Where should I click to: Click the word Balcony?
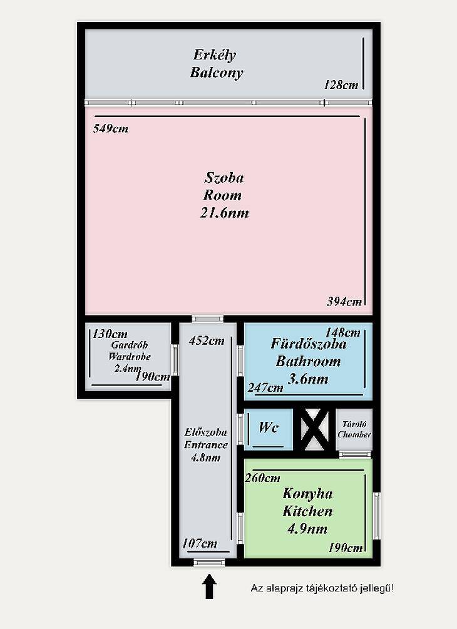tap(217, 73)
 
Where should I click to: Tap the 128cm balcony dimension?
tap(341, 84)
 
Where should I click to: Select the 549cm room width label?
tap(111, 129)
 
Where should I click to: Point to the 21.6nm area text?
tap(224, 213)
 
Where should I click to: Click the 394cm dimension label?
tap(344, 301)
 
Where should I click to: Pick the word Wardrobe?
tap(130, 356)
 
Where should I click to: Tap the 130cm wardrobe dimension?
tap(110, 334)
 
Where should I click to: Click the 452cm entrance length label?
tap(207, 340)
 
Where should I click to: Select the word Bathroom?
tap(308, 361)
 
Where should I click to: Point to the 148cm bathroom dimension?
tap(342, 332)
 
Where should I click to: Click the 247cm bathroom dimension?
tap(265, 387)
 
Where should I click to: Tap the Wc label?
tap(269, 427)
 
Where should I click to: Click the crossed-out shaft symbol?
tap(314, 429)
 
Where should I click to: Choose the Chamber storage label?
tap(354, 434)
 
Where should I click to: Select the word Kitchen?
tap(308, 511)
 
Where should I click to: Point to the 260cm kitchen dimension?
tap(262, 478)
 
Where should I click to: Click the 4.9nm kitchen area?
tap(307, 529)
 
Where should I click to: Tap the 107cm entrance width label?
tap(200, 543)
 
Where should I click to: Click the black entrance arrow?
tap(209, 586)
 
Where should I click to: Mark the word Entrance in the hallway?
tap(206, 445)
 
